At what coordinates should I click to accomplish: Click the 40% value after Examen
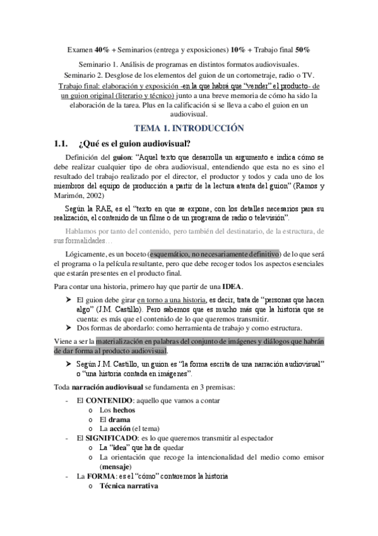click(102, 49)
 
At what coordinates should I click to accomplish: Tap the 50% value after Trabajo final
click(302, 49)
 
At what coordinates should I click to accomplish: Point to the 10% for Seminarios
click(239, 49)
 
